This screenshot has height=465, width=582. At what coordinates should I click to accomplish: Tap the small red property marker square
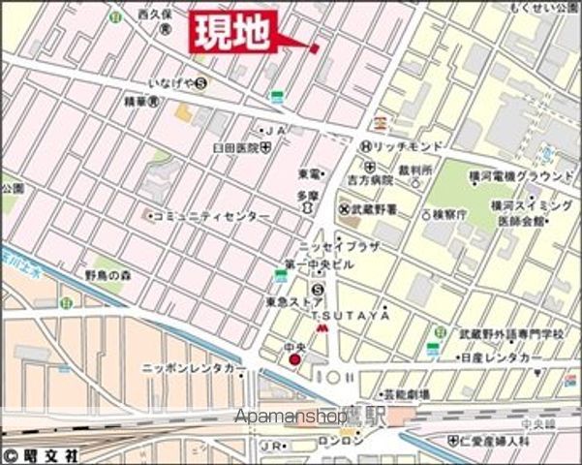pyautogui.click(x=314, y=47)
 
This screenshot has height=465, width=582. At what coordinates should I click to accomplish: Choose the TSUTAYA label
pyautogui.click(x=355, y=316)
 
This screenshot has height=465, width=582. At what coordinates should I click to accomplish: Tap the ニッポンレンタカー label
pyautogui.click(x=193, y=369)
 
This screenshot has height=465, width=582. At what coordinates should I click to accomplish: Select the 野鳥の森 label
pyautogui.click(x=107, y=274)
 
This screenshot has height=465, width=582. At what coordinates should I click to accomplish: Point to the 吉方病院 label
pyautogui.click(x=371, y=180)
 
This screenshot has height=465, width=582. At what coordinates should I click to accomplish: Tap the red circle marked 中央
pyautogui.click(x=295, y=360)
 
